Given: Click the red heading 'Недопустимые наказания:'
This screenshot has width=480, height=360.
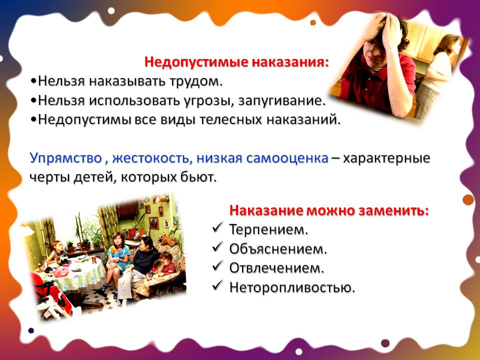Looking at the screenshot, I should point(237,62).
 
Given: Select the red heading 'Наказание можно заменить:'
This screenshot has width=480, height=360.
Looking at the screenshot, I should point(329,210).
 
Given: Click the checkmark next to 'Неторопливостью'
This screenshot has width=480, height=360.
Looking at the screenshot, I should point(217,286).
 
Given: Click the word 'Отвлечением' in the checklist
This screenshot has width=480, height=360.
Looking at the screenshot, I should point(276,268).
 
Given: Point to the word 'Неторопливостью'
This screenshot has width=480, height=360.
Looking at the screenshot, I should point(292,287).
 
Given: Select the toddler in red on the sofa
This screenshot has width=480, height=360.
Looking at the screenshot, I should point(165,265).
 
